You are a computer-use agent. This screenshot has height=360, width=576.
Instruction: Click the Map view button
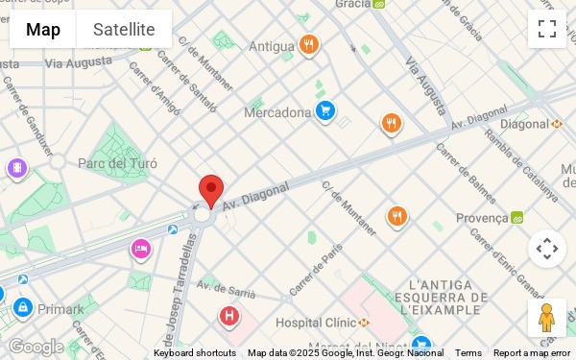pyautogui.click(x=43, y=29)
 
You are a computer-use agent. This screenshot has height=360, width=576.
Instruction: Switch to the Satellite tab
pyautogui.click(x=124, y=29)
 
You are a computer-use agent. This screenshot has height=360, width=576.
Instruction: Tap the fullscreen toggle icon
pyautogui.click(x=547, y=29)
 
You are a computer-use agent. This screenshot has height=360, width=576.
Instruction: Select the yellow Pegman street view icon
pyautogui.click(x=546, y=318)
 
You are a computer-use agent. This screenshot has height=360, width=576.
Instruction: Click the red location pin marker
pyautogui.click(x=211, y=190)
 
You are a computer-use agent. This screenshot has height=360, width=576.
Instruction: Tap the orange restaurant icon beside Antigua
pyautogui.click(x=308, y=44)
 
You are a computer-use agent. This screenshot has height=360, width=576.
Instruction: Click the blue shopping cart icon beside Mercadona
pyautogui.click(x=325, y=111)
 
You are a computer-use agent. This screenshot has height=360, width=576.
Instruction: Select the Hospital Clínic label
pyautogui.click(x=316, y=323)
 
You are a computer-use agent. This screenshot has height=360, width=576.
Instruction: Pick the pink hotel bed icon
pyautogui.click(x=141, y=250)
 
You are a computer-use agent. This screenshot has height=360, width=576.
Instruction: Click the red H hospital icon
pyautogui.click(x=228, y=315)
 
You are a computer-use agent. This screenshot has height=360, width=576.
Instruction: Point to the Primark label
pyautogui.click(x=60, y=309)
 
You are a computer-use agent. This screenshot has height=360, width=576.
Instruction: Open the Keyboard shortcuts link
pyautogui.click(x=194, y=353)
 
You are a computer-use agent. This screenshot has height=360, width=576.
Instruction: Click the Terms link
pyautogui.click(x=468, y=353)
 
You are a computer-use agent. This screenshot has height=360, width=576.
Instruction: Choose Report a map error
pyautogui.click(x=531, y=353)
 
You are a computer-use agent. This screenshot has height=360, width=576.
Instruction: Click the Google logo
pyautogui.click(x=36, y=346)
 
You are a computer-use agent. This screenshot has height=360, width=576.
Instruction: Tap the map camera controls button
pyautogui.click(x=547, y=249)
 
